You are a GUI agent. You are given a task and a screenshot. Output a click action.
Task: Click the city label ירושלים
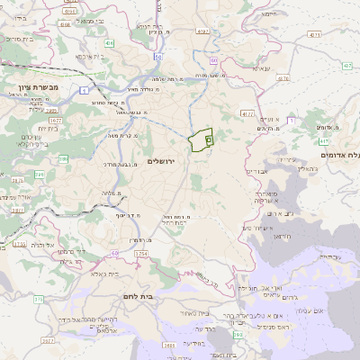[x=164, y=161]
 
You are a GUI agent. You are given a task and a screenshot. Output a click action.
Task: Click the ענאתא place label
[x=261, y=68]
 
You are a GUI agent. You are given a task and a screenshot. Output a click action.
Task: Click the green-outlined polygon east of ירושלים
[x=202, y=139]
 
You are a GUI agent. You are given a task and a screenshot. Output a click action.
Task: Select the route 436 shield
[x=109, y=42]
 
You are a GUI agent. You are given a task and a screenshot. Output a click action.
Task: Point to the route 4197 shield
[x=202, y=31]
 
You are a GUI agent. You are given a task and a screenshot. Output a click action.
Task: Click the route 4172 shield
[x=247, y=114]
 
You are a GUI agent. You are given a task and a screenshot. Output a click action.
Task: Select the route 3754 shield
[x=141, y=255]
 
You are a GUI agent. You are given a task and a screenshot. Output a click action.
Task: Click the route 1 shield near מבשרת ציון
[x=84, y=90]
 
